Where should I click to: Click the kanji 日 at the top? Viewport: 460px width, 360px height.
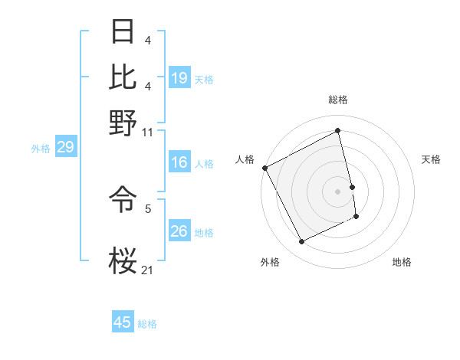pyautogui.click(x=123, y=32)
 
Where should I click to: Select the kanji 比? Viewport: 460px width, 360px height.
pyautogui.click(x=123, y=77)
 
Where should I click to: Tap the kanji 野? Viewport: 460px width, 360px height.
pyautogui.click(x=123, y=122)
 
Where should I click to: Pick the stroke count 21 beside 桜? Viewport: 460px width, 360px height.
pyautogui.click(x=147, y=270)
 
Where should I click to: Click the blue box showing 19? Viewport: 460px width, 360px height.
pyautogui.click(x=179, y=78)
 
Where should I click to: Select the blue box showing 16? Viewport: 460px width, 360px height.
pyautogui.click(x=179, y=162)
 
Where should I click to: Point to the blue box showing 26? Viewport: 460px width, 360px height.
pyautogui.click(x=179, y=231)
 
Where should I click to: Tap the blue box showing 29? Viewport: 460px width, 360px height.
pyautogui.click(x=65, y=147)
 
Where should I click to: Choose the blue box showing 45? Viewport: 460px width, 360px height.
pyautogui.click(x=123, y=322)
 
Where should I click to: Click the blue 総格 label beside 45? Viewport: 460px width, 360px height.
pyautogui.click(x=147, y=324)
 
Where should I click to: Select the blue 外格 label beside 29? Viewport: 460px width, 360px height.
pyautogui.click(x=41, y=149)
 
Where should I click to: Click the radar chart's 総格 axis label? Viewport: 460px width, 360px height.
pyautogui.click(x=337, y=100)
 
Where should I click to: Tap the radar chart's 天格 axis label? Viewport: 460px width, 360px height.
pyautogui.click(x=431, y=159)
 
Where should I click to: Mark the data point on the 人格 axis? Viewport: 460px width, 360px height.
pyautogui.click(x=265, y=168)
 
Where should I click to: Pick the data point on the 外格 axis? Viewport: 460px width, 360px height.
pyautogui.click(x=302, y=242)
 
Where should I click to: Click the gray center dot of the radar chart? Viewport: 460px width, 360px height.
pyautogui.click(x=337, y=191)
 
